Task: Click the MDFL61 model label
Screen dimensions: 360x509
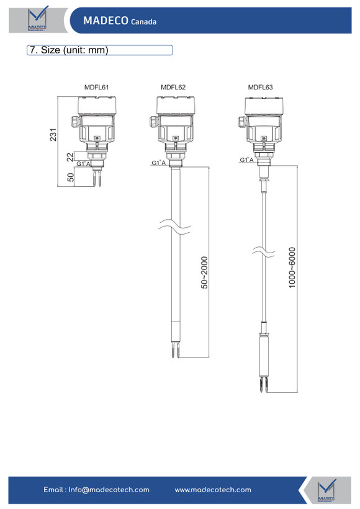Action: (x=96, y=88)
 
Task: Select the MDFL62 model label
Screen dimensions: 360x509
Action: (x=173, y=88)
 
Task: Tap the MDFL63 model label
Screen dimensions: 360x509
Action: (x=260, y=88)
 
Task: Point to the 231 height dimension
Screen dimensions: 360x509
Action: (x=53, y=135)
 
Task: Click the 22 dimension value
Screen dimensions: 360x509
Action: (x=70, y=157)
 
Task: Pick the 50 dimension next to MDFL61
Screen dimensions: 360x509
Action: (x=70, y=178)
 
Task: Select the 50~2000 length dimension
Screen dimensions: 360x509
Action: (x=204, y=273)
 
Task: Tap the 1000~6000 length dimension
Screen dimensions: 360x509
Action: (x=292, y=268)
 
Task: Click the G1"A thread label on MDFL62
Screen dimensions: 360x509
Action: (x=159, y=163)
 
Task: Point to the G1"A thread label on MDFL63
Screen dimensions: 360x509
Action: (x=246, y=160)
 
